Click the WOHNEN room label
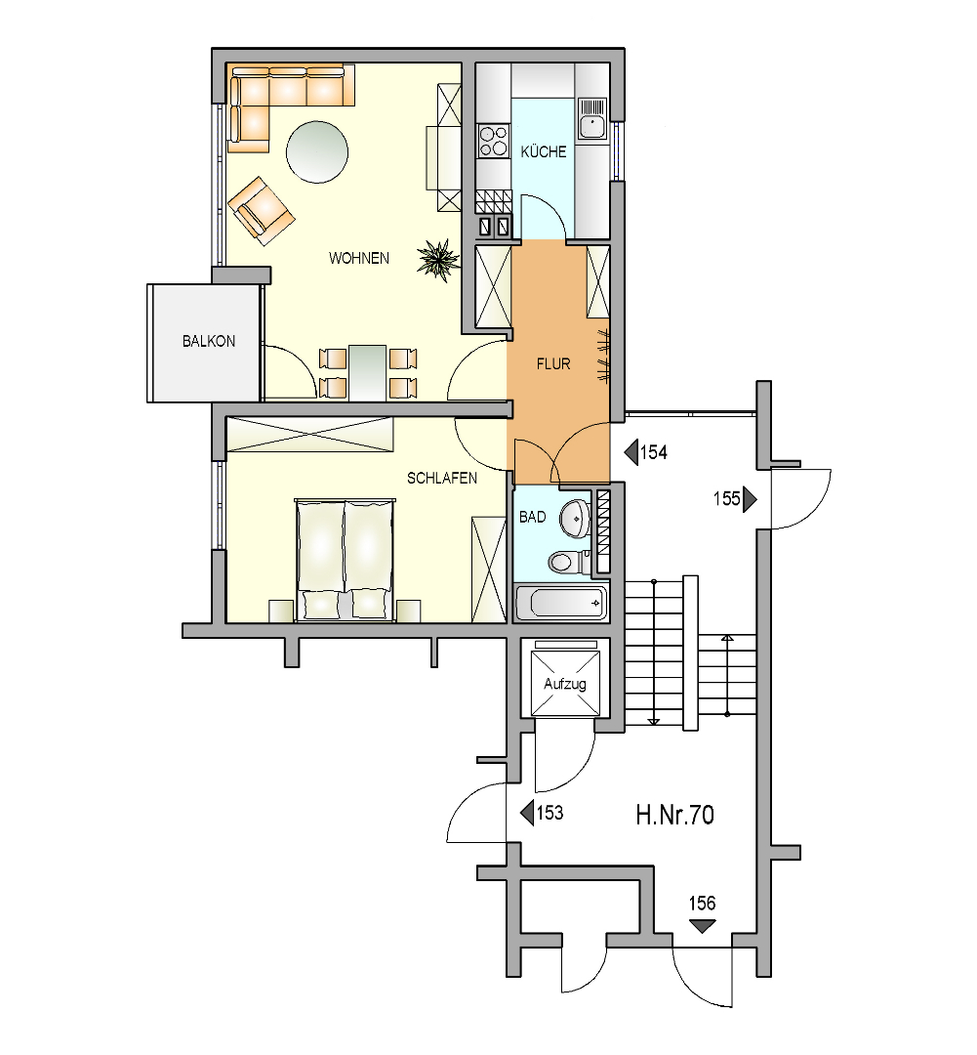[x=358, y=258]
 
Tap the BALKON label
[x=209, y=341]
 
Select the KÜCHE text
[x=544, y=151]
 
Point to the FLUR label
[x=553, y=364]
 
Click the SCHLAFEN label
[x=442, y=479]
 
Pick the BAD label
[x=533, y=518]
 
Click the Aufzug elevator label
[x=565, y=684]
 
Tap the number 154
[x=654, y=453]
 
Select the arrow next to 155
[x=750, y=499]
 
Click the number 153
[x=550, y=813]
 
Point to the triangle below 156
[x=703, y=926]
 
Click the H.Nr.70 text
[x=675, y=816]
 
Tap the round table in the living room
[x=317, y=151]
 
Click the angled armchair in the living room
[x=261, y=211]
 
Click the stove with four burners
[x=493, y=141]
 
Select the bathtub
[x=561, y=602]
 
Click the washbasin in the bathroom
[x=576, y=518]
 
